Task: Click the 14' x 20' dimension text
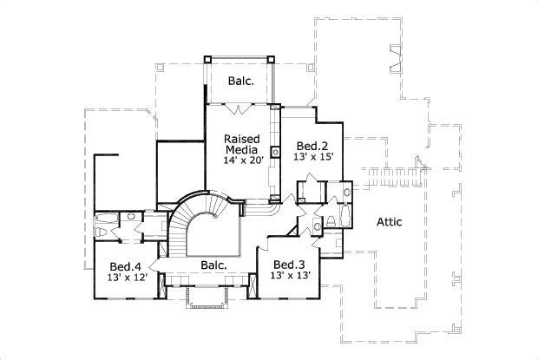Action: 241,161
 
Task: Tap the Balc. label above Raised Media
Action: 240,82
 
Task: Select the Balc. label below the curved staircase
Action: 213,265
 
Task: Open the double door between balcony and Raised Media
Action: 239,108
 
